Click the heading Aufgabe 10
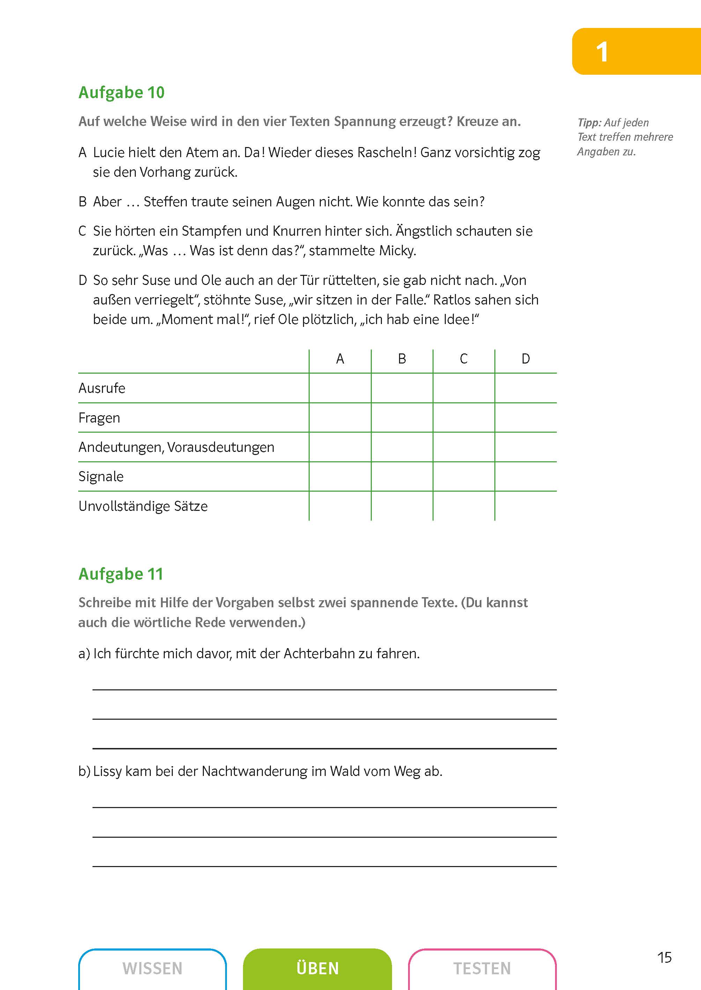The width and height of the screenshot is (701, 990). pyautogui.click(x=121, y=93)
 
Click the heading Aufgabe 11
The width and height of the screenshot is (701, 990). pyautogui.click(x=121, y=574)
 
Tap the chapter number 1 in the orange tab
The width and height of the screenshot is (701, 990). pyautogui.click(x=602, y=52)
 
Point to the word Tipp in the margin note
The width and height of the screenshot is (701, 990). pyautogui.click(x=589, y=123)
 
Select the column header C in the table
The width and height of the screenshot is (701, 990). pyautogui.click(x=464, y=359)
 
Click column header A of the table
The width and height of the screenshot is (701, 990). pyautogui.click(x=340, y=359)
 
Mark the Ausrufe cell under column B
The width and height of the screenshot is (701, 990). pyautogui.click(x=402, y=388)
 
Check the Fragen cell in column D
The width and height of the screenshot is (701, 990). pyautogui.click(x=525, y=418)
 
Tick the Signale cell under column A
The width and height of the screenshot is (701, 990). pyautogui.click(x=340, y=476)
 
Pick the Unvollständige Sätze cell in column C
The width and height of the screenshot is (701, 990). pyautogui.click(x=464, y=506)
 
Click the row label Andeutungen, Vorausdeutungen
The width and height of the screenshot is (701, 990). pyautogui.click(x=176, y=447)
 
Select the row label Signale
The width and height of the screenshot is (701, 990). pyautogui.click(x=101, y=476)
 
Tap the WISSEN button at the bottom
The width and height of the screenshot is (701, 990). pyautogui.click(x=152, y=968)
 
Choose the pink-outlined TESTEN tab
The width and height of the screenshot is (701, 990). pyautogui.click(x=482, y=968)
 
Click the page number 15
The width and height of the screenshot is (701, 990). pyautogui.click(x=664, y=957)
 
